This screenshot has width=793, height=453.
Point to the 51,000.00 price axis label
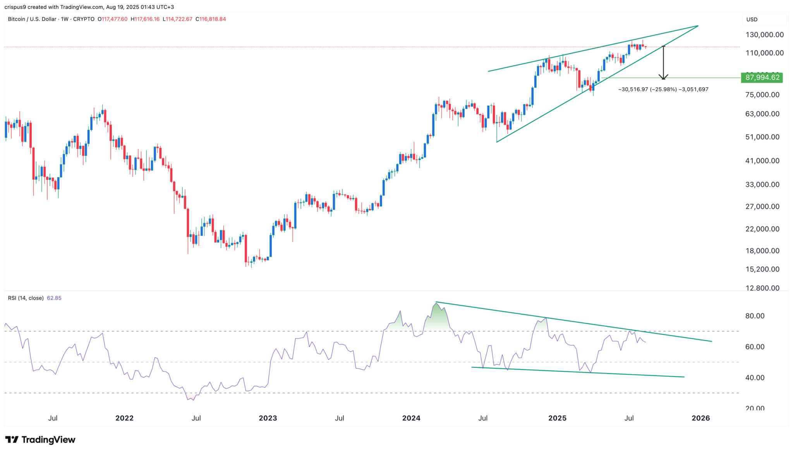(x=762, y=137)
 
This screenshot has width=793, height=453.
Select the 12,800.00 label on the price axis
(x=762, y=288)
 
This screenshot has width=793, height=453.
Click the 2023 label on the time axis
(x=268, y=418)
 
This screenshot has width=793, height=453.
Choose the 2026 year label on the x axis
(x=700, y=418)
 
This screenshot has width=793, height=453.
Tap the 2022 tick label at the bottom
(x=124, y=418)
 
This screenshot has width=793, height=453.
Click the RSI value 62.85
(x=54, y=298)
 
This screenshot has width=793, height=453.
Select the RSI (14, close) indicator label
(x=26, y=298)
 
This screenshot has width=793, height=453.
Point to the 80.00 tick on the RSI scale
(x=755, y=316)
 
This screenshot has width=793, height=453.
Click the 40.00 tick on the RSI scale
(x=755, y=377)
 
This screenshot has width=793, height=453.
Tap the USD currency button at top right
(x=752, y=19)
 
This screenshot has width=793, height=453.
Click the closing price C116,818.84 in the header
(x=211, y=19)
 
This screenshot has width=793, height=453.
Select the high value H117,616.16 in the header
(x=145, y=19)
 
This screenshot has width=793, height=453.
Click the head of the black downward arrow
(x=663, y=77)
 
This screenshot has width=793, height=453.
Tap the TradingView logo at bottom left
(x=40, y=440)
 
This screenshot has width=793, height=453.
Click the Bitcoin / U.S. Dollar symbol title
(x=32, y=19)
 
